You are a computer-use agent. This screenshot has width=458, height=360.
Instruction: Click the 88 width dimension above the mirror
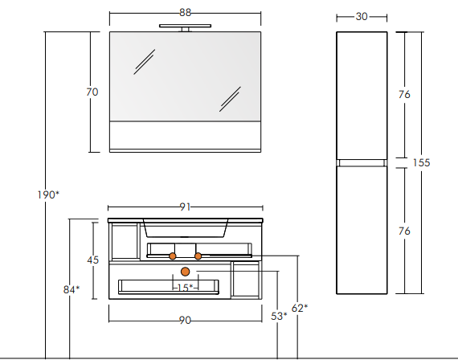tap(185, 13)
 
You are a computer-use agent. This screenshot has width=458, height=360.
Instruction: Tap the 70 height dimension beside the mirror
tap(92, 92)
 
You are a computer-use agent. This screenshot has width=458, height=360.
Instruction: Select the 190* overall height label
tap(48, 194)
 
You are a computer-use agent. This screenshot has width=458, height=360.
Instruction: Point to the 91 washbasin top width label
tap(185, 207)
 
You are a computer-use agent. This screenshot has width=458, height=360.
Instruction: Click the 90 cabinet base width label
tap(185, 321)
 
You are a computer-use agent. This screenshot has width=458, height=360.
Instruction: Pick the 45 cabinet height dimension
tap(93, 260)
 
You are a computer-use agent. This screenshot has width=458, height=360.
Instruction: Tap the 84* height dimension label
tap(72, 289)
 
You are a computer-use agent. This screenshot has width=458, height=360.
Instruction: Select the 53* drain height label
tap(279, 316)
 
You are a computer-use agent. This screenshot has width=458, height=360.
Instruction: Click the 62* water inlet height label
tap(300, 308)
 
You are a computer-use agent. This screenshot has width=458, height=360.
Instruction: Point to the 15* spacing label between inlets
tap(185, 288)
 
